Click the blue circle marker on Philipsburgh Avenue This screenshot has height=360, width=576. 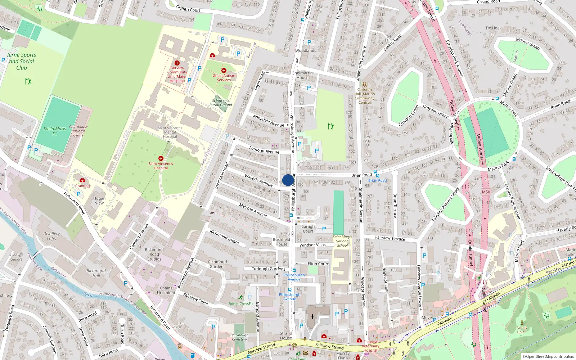coord(288,180)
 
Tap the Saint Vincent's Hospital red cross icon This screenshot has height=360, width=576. coord(161,158)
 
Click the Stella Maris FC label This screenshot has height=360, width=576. coord(55,131)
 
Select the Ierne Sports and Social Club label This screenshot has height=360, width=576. coord(22,61)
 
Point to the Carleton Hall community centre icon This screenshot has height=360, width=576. coord(364,85)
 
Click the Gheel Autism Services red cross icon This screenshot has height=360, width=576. coord(224,71)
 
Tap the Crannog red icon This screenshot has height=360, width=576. coord(82,180)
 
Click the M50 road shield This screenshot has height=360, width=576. coord(486,192)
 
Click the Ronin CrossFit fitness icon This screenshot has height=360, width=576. coord(240,297)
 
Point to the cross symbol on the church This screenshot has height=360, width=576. coord(312,316)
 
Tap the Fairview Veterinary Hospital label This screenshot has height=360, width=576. coord(370,346)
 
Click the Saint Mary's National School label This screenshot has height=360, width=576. coord(342,241)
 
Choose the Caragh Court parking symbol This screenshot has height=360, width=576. coord(324,229)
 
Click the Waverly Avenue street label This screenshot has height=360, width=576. coord(258,180)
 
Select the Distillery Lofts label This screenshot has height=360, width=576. coord(51,236)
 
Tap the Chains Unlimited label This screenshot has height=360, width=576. coord(166,290)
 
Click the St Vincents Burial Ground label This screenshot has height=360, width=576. coord(221,103)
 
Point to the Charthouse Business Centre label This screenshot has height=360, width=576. coord(78,131)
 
